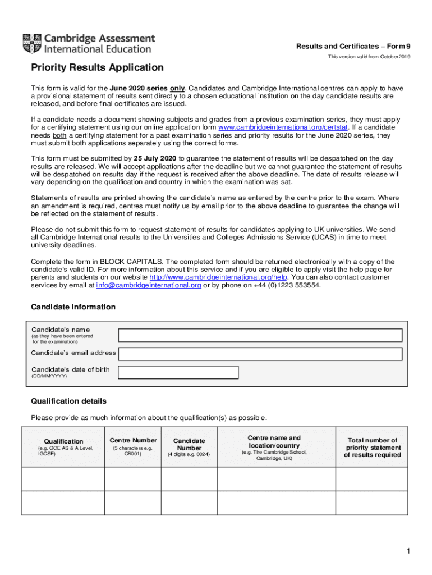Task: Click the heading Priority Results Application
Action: pos(97,68)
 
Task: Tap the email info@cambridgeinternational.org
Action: pos(149,285)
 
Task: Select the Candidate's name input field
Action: pos(260,335)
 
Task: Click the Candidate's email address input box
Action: pos(260,354)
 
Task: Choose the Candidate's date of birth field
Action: pos(178,372)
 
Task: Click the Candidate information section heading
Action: pos(73,307)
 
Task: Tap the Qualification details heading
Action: pos(69,401)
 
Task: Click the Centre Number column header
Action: pos(133,440)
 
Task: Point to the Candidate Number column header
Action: pos(189,445)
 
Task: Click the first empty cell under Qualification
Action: pos(63,479)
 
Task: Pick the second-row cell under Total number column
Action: pos(373,503)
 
